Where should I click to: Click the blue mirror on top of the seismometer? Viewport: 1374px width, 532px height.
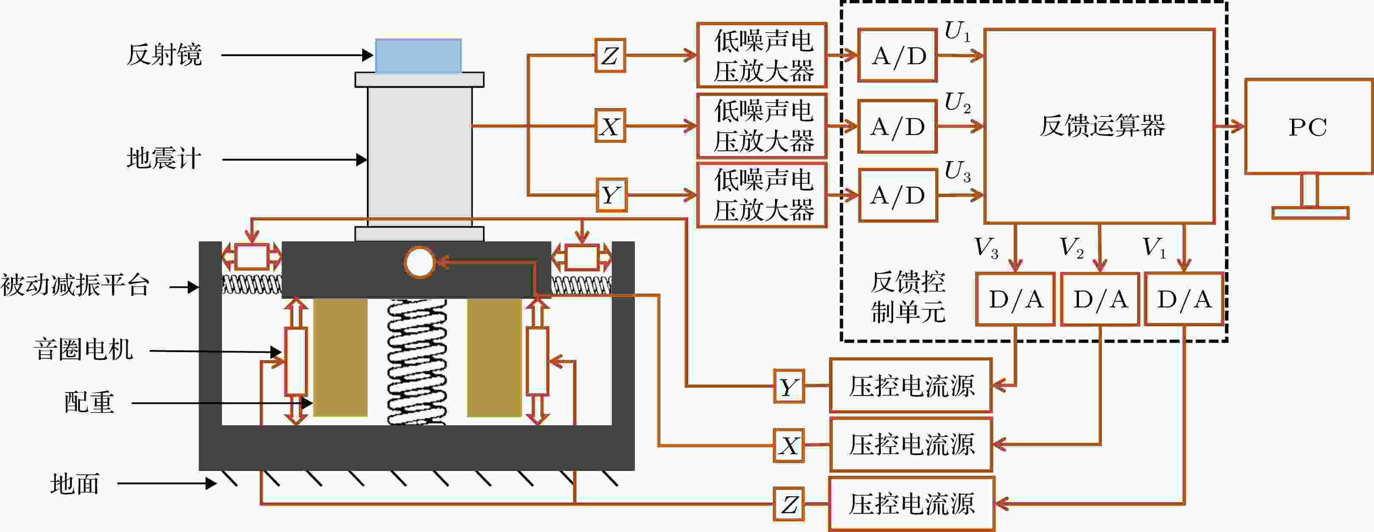pyautogui.click(x=418, y=55)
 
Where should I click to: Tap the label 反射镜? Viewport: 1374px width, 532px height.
pyautogui.click(x=164, y=55)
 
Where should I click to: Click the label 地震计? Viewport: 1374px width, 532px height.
pyautogui.click(x=164, y=159)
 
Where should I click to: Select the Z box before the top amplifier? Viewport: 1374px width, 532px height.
pyautogui.click(x=610, y=55)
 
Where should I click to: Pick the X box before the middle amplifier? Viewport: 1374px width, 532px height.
pyautogui.click(x=610, y=126)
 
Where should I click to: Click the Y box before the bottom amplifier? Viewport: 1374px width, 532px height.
pyautogui.click(x=611, y=195)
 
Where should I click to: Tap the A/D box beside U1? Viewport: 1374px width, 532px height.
pyautogui.click(x=898, y=55)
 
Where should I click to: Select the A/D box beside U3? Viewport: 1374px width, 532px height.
pyautogui.click(x=898, y=195)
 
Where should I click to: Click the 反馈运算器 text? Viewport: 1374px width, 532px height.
pyautogui.click(x=1102, y=126)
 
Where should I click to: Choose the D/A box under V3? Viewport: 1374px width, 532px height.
pyautogui.click(x=1016, y=299)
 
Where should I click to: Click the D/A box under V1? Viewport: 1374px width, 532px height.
pyautogui.click(x=1184, y=299)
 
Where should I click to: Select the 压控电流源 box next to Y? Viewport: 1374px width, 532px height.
pyautogui.click(x=911, y=385)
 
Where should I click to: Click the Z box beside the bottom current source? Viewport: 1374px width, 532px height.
pyautogui.click(x=789, y=504)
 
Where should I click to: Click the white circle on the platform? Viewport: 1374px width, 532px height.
pyautogui.click(x=420, y=262)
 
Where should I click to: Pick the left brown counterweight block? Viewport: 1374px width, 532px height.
pyautogui.click(x=340, y=358)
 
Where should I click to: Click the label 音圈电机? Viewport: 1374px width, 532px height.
pyautogui.click(x=84, y=350)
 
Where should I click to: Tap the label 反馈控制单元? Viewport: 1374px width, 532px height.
pyautogui.click(x=908, y=297)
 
